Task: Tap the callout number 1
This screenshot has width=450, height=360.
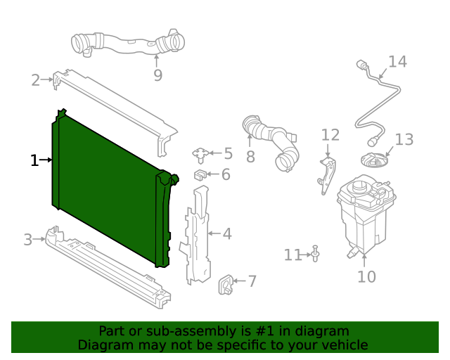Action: click(34, 160)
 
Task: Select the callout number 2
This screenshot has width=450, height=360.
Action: click(35, 80)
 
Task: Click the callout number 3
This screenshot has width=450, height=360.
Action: click(27, 240)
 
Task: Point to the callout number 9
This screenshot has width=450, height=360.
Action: click(157, 75)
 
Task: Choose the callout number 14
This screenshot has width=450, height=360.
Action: click(397, 62)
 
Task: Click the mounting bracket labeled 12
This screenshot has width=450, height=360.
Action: click(327, 176)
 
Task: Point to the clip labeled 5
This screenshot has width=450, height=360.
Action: click(201, 153)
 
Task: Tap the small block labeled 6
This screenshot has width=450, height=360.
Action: click(200, 174)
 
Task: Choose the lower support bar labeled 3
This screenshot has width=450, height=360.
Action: click(105, 267)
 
